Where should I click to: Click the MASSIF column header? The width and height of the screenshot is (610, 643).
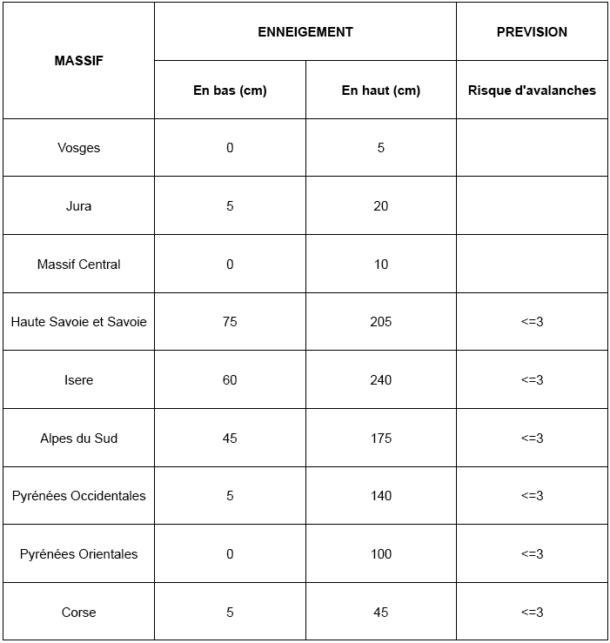(78, 61)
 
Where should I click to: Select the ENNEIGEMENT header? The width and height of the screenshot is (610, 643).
(305, 32)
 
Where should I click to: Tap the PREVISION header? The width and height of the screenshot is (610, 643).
(532, 32)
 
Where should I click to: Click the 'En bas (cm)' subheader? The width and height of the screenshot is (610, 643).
(230, 90)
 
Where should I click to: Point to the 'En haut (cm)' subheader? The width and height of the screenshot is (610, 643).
(381, 90)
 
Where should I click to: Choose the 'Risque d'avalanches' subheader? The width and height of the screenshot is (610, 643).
(532, 90)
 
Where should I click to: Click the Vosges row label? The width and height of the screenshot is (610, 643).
(78, 148)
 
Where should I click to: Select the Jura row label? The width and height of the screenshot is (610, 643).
(78, 206)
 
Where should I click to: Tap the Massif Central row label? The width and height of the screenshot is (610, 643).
(78, 265)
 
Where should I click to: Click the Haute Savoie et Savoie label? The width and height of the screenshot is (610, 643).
(78, 322)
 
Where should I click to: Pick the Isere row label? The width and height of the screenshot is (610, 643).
(78, 380)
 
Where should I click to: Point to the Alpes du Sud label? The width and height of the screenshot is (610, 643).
(78, 439)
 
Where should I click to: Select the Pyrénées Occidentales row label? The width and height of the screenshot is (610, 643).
(78, 496)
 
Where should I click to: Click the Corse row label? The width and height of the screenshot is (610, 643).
(78, 613)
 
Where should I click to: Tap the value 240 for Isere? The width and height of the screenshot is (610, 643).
(381, 380)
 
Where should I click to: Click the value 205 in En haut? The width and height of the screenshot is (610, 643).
(381, 322)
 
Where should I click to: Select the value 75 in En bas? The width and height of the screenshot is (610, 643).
(230, 322)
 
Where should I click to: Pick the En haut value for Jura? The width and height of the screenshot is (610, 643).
(381, 206)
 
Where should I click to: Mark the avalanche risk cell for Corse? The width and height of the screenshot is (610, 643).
(532, 613)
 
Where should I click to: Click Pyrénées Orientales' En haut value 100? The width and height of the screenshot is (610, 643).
(381, 554)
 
